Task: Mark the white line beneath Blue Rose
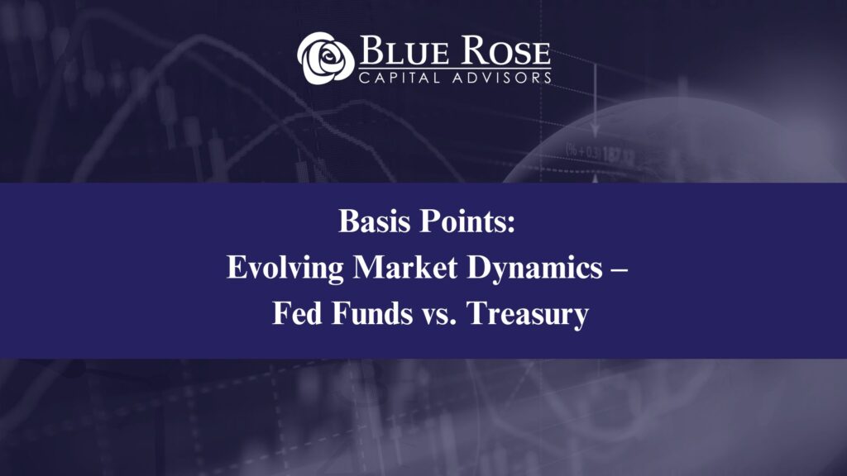pyautogui.click(x=455, y=67)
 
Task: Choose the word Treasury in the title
pyautogui.click(x=528, y=315)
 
